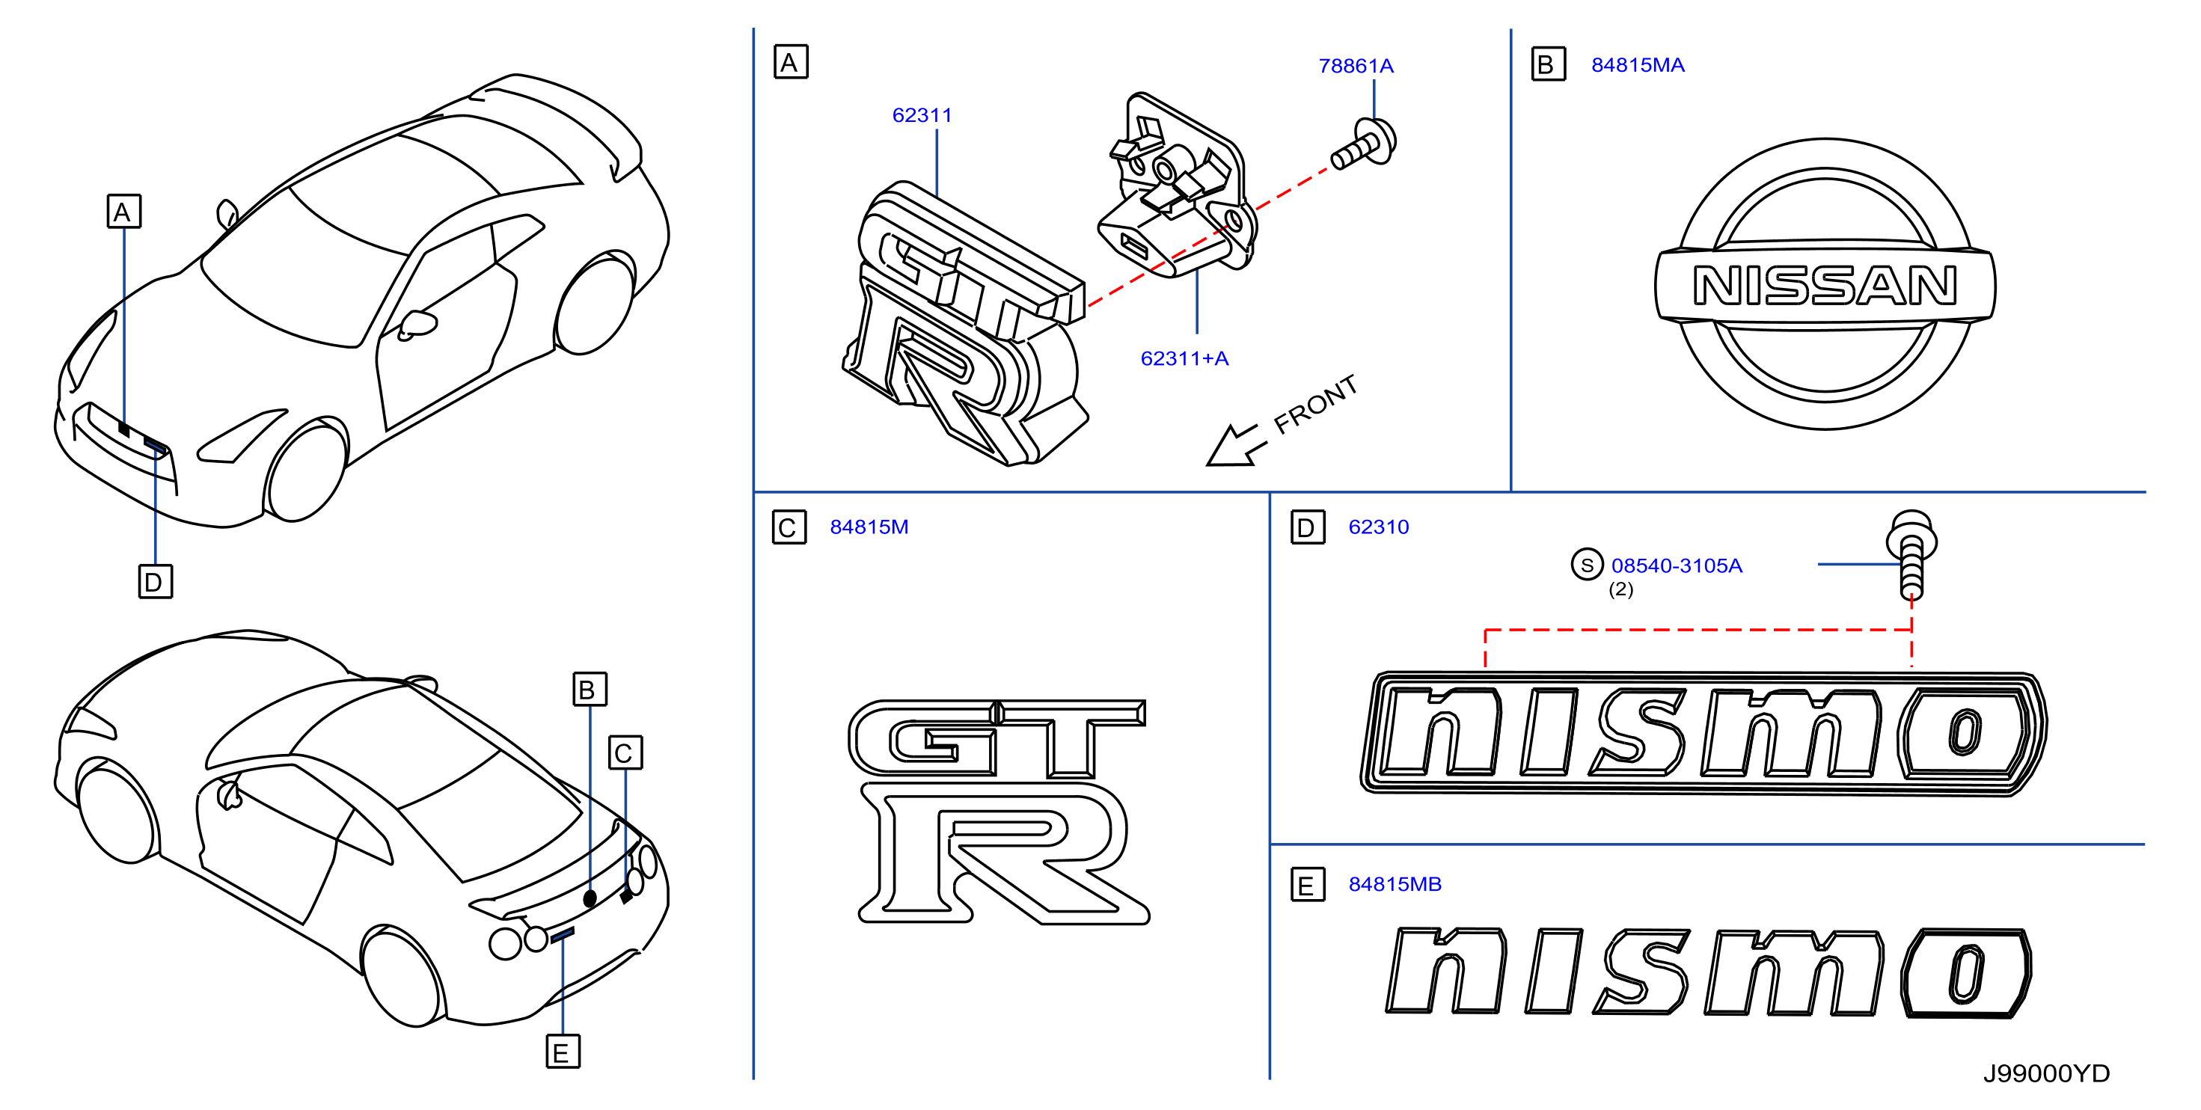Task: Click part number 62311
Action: pyautogui.click(x=921, y=115)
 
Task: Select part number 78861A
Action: pyautogui.click(x=1355, y=66)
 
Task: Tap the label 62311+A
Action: pyautogui.click(x=1184, y=358)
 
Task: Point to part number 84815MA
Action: pyautogui.click(x=1637, y=65)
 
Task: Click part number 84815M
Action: pyautogui.click(x=869, y=527)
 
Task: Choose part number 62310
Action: pyautogui.click(x=1378, y=527)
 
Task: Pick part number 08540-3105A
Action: pyautogui.click(x=1677, y=565)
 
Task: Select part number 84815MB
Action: pyautogui.click(x=1395, y=883)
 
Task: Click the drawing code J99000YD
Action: pyautogui.click(x=2045, y=1073)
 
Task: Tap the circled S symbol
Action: pyautogui.click(x=1587, y=565)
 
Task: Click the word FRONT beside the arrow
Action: pyautogui.click(x=1315, y=404)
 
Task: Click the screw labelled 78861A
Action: pyautogui.click(x=1365, y=146)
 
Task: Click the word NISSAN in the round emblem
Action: pyautogui.click(x=1824, y=286)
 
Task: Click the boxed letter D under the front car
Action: pyautogui.click(x=155, y=581)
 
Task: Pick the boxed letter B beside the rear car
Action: pyautogui.click(x=590, y=689)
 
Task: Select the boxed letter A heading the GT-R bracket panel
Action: pyautogui.click(x=790, y=62)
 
